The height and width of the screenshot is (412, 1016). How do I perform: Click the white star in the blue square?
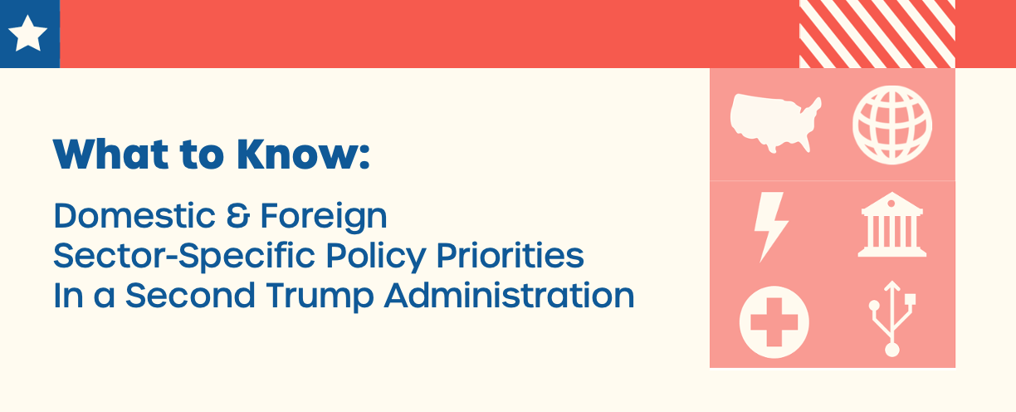27,33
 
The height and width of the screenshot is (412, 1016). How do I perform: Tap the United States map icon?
775,122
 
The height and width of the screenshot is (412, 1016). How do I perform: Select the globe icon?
892,125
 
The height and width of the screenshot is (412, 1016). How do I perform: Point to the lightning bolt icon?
770,227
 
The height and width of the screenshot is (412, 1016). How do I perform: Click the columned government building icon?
891,224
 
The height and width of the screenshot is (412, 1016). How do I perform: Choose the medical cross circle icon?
774,322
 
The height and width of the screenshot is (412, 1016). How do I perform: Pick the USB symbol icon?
892,318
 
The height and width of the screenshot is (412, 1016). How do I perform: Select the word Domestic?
134,215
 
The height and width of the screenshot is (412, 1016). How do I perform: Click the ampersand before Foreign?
238,215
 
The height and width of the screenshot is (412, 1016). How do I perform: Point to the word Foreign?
324,218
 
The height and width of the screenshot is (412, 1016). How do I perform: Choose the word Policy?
376,257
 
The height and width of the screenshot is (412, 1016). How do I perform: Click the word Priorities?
510,256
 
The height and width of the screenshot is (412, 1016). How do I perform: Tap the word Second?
190,296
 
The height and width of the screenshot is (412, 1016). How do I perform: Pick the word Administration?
510,296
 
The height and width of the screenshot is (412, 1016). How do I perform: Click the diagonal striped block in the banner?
877,34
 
